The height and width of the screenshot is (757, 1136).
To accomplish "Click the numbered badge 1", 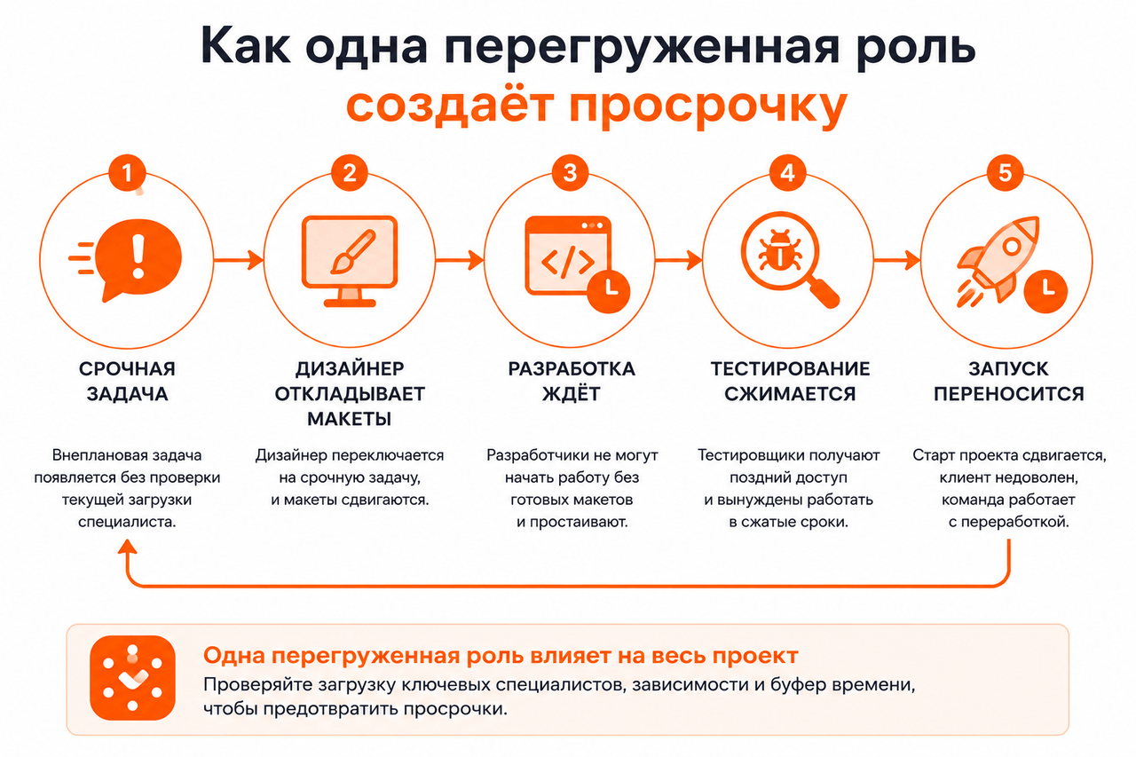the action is tap(127, 173).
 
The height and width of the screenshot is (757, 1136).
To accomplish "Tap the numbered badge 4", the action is tap(787, 173).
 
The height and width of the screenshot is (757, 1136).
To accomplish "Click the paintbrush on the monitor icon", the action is tap(353, 251).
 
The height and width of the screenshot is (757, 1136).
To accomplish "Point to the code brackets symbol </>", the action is tap(568, 262).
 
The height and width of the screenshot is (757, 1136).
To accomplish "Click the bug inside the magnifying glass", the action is tap(779, 250).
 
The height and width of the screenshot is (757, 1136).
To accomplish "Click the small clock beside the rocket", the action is tap(1045, 291).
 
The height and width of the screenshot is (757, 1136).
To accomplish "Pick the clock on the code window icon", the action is tap(609, 291).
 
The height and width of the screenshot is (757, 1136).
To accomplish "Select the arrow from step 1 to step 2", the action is tap(239, 260).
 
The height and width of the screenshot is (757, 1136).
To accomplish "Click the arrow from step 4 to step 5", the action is tap(896, 260).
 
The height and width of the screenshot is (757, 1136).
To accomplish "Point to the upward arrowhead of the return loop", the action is tap(127, 547).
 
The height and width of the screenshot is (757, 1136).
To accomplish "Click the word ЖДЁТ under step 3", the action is tap(571, 393).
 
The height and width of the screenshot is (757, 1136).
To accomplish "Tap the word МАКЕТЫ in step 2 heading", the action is tap(350, 419).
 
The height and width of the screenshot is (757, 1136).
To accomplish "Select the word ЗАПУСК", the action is tap(1008, 368).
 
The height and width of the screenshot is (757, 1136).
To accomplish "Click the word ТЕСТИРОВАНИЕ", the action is tap(790, 368).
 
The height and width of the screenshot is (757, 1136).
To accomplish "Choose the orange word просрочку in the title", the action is tap(708, 106).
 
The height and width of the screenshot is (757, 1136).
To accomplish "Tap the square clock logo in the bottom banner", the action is tap(132, 678).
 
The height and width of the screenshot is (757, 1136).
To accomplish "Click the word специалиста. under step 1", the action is tap(127, 522).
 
